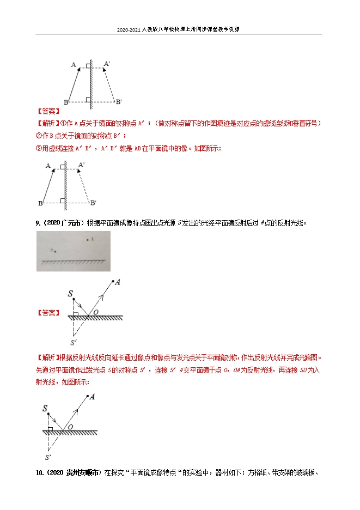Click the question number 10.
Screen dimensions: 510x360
point(40,473)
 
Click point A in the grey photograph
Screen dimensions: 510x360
point(87,239)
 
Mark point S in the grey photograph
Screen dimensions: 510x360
point(54,251)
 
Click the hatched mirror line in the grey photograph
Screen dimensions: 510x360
point(74,262)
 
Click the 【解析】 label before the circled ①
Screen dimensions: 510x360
point(47,123)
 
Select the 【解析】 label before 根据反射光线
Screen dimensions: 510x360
point(47,358)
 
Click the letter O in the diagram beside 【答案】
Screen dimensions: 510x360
point(95,312)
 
